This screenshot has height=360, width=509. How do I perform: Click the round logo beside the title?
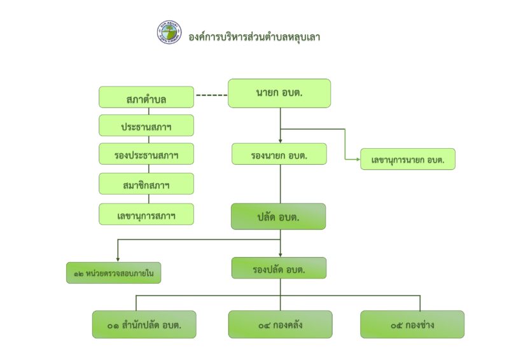[x=169, y=32]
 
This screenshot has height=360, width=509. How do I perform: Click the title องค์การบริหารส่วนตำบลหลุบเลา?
[x=254, y=37]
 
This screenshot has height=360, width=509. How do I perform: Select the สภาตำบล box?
[x=146, y=97]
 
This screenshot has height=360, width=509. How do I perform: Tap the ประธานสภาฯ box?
[x=146, y=125]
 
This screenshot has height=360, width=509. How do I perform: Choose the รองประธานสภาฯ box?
[x=146, y=154]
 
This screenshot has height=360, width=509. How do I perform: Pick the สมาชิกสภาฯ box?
[x=146, y=184]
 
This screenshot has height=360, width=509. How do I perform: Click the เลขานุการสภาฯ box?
[x=146, y=214]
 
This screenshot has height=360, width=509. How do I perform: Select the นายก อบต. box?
[x=279, y=93]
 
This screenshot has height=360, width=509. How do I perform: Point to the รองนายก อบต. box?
[x=279, y=154]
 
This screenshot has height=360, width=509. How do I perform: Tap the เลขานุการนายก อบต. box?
[x=408, y=159]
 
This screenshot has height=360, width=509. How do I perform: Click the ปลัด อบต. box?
[x=279, y=216]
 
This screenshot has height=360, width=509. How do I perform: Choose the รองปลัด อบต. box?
[x=279, y=268]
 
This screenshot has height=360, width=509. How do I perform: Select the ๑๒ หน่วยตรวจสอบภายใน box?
[x=114, y=273]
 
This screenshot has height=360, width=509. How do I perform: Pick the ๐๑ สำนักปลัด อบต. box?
[x=144, y=324]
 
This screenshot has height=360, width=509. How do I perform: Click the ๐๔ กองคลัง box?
[x=281, y=324]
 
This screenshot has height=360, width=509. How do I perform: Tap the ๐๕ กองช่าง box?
[x=412, y=324]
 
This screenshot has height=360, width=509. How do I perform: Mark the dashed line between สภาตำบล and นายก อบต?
[x=212, y=95]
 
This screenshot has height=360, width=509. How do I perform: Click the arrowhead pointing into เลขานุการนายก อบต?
[x=358, y=160]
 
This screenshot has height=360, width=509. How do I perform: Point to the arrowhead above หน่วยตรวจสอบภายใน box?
[x=118, y=260]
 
